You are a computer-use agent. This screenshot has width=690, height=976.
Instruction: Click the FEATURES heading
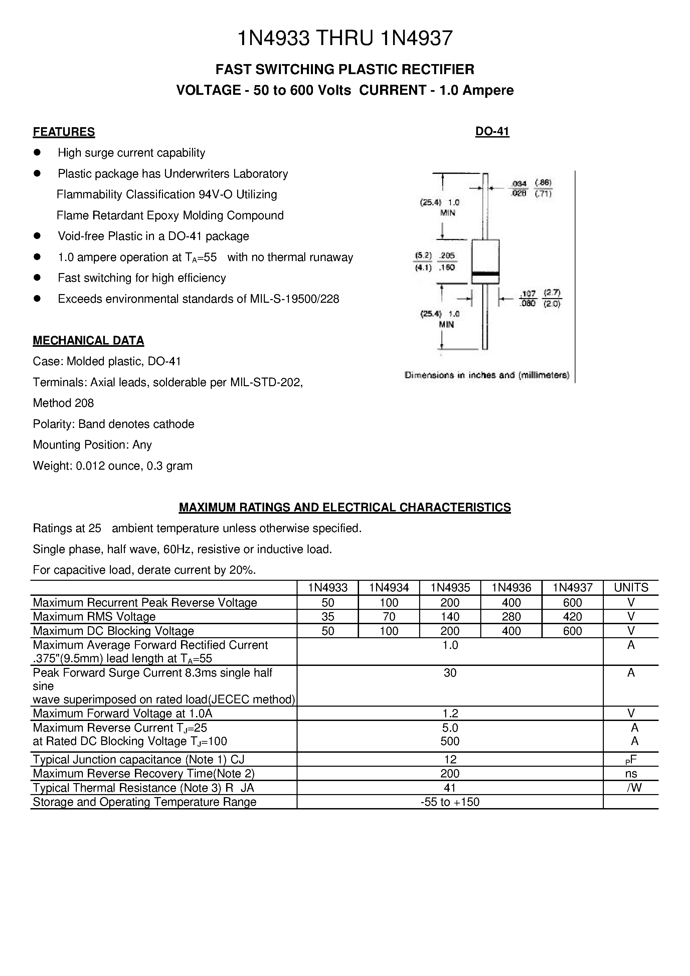click(x=64, y=132)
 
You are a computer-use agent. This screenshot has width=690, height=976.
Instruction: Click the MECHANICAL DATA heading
click(x=89, y=340)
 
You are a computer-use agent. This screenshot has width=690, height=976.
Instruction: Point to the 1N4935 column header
click(x=450, y=588)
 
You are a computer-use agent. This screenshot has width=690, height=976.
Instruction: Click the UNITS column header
click(x=631, y=588)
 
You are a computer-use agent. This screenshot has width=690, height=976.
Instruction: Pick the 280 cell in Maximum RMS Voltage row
click(x=511, y=617)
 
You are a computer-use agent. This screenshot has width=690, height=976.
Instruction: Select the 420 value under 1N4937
click(x=572, y=617)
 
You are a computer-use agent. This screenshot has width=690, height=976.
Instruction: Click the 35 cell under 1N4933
click(x=328, y=617)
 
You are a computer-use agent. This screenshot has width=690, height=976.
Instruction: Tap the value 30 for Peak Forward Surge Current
click(x=450, y=673)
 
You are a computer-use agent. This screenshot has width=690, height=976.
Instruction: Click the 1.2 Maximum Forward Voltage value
click(x=450, y=713)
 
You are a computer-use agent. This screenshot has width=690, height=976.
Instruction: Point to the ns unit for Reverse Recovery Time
click(x=631, y=774)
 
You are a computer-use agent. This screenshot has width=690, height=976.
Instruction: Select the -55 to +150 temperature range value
click(x=450, y=802)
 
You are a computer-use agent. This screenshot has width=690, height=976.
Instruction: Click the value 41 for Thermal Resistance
click(x=450, y=788)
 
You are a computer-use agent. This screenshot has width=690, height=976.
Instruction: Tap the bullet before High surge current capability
click(x=37, y=152)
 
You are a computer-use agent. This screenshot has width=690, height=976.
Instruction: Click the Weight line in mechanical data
click(x=113, y=466)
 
